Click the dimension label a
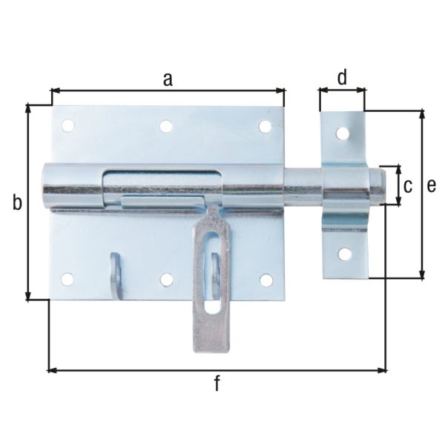[168, 79]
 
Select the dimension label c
[408, 186]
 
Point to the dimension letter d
[342, 77]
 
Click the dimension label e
[431, 186]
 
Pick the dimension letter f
[217, 383]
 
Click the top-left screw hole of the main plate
[68, 125]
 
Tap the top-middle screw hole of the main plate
[166, 126]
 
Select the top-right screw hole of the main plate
[265, 127]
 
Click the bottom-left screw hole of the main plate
[67, 280]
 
